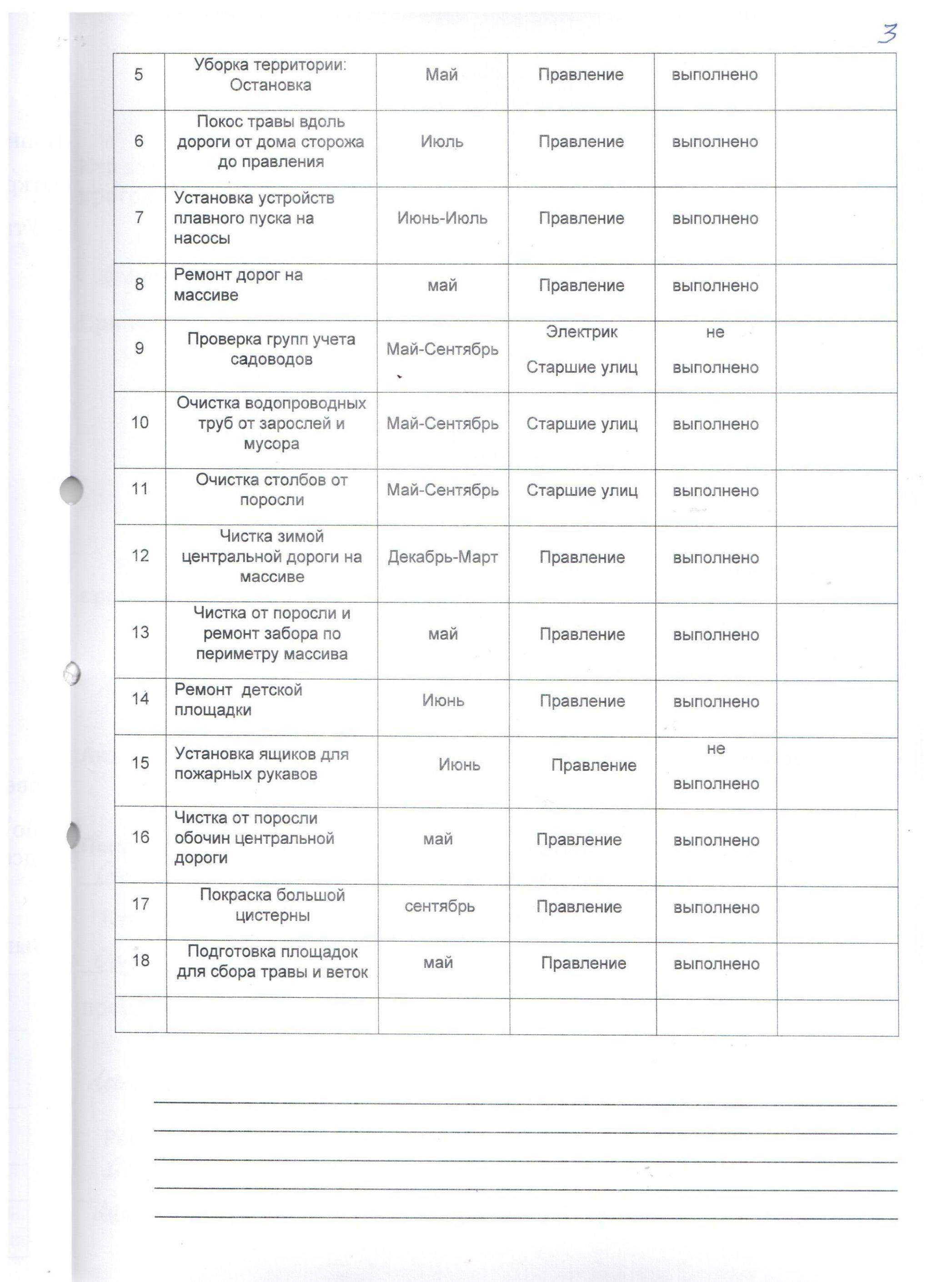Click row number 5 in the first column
(139, 75)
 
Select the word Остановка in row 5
(270, 85)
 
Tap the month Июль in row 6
(441, 141)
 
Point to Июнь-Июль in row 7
(442, 218)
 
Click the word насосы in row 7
(202, 239)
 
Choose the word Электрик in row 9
(581, 332)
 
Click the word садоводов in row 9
(271, 360)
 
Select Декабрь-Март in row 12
(442, 557)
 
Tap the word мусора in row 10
(271, 444)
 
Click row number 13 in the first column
(140, 632)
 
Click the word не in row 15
(716, 749)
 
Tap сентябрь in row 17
(439, 906)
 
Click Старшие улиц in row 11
(581, 490)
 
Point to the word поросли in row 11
(272, 500)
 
